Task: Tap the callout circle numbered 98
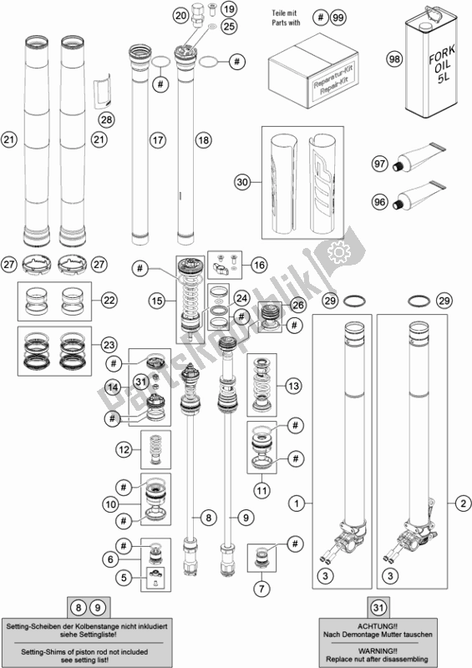[x=393, y=58]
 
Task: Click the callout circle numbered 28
[x=107, y=120]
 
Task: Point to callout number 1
[x=295, y=503]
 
